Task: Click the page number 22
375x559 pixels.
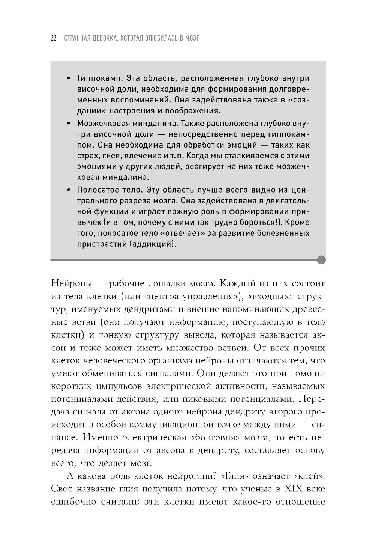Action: point(53,38)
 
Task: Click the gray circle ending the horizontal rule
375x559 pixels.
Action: point(321,259)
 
